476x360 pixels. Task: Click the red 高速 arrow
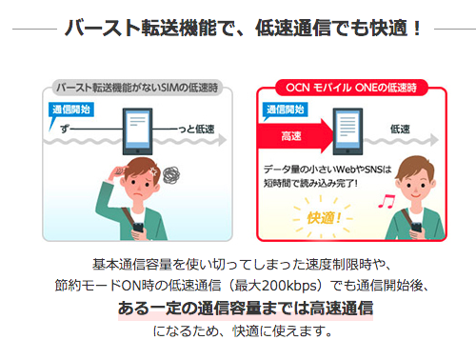293,136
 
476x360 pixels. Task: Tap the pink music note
387,201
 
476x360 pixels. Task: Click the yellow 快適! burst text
324,218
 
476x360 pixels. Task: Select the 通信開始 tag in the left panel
71,110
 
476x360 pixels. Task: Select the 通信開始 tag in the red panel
285,110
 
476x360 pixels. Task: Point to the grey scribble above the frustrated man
171,175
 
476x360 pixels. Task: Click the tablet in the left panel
137,131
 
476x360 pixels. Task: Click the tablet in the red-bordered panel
347,131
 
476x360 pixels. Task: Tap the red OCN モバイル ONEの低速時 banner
351,88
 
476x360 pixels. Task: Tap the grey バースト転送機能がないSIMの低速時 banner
137,88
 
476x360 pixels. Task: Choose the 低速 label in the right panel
400,130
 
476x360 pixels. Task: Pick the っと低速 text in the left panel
196,130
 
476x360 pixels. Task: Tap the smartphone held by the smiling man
416,228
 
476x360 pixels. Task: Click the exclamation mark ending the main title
417,28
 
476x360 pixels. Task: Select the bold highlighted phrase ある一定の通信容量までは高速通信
246,309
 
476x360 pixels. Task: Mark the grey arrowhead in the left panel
223,140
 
